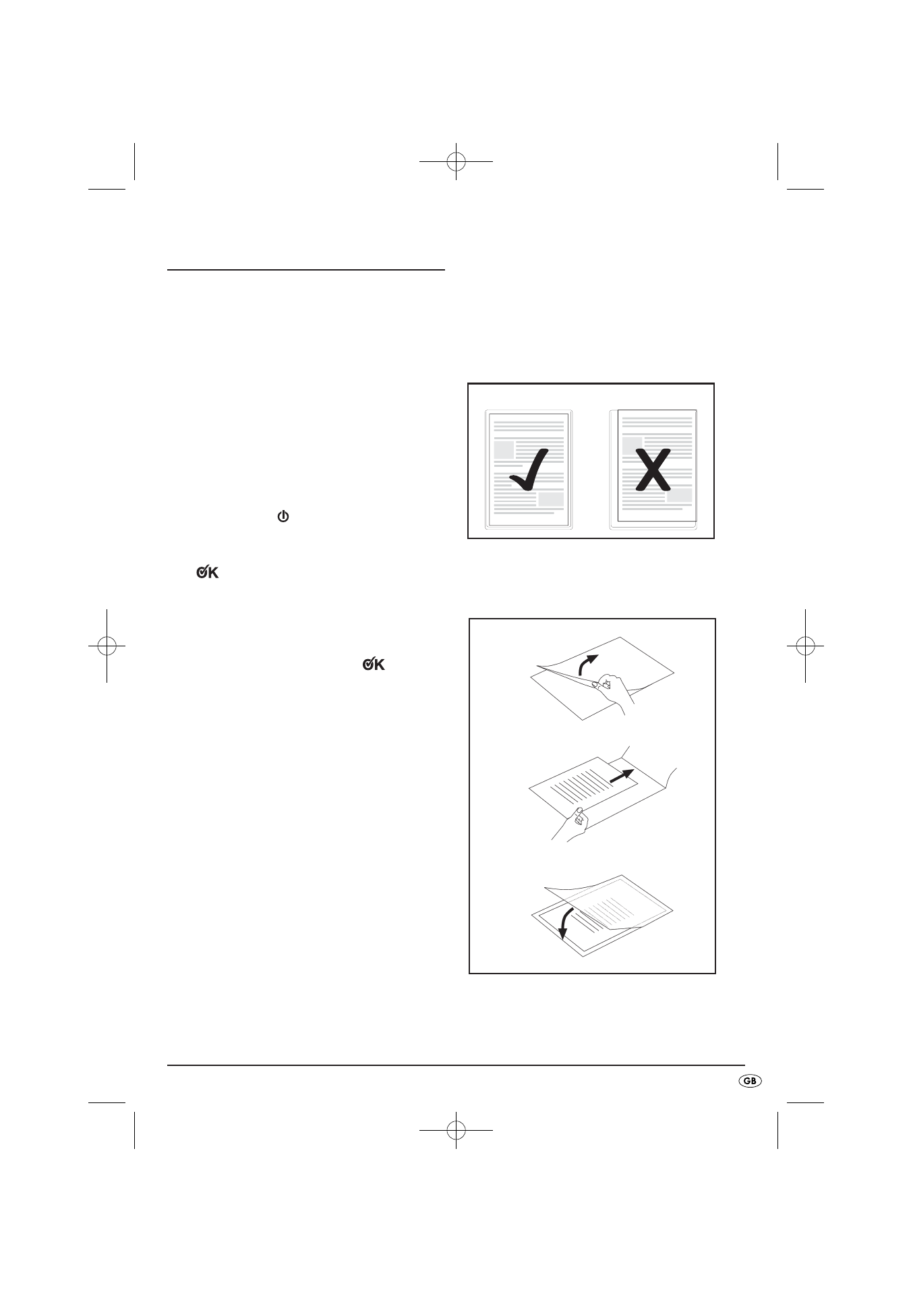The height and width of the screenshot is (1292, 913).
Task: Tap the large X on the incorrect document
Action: pos(653,470)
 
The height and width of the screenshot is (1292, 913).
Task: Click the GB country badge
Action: pos(750,1081)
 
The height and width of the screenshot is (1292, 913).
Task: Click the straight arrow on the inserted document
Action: pos(622,776)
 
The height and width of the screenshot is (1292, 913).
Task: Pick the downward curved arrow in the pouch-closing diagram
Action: pos(565,924)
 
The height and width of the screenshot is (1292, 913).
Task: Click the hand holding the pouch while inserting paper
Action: pos(571,822)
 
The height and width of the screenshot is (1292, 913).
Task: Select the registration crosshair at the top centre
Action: pos(456,161)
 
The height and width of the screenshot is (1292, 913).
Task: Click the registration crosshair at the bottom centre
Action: pos(456,1129)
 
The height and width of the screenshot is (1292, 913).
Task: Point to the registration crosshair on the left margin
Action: pos(107,646)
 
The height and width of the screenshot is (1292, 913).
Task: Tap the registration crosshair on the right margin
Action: pos(805,646)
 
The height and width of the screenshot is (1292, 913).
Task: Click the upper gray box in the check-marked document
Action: pos(504,450)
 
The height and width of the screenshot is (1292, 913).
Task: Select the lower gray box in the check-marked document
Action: pos(551,499)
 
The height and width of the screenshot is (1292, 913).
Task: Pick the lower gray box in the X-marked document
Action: pos(679,496)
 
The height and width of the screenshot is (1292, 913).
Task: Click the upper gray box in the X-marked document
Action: pos(632,445)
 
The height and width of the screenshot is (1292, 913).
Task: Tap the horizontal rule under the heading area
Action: pos(306,270)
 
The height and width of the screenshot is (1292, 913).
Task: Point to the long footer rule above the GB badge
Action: pos(456,1065)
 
